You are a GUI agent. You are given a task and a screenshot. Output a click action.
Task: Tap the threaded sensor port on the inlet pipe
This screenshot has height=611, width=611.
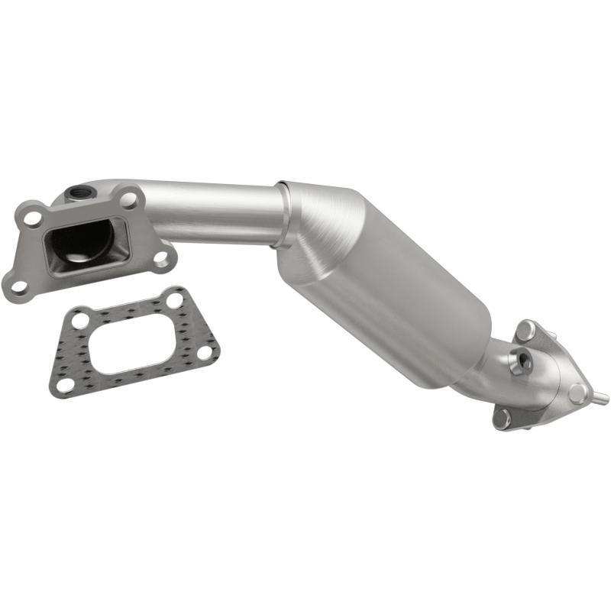[79, 192]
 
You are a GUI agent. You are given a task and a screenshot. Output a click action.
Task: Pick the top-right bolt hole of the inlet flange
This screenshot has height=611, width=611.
[130, 200]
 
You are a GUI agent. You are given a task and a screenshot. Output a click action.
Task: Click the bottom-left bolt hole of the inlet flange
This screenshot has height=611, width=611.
[20, 286]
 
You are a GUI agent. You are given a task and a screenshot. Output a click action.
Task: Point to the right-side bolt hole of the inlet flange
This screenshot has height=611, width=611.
[162, 257]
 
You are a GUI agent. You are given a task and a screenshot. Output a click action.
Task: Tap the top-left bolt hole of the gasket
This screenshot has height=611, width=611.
[81, 320]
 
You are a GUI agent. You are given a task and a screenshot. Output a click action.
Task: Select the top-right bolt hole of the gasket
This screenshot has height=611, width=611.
[175, 300]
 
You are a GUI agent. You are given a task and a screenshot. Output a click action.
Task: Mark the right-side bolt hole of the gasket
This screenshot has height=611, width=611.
[205, 352]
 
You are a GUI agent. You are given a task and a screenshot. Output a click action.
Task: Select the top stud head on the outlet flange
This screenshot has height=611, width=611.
[525, 331]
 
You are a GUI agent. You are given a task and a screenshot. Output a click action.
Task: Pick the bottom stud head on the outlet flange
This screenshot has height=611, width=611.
[502, 416]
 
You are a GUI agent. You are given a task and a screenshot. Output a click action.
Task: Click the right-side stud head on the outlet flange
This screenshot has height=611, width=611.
[578, 393]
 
